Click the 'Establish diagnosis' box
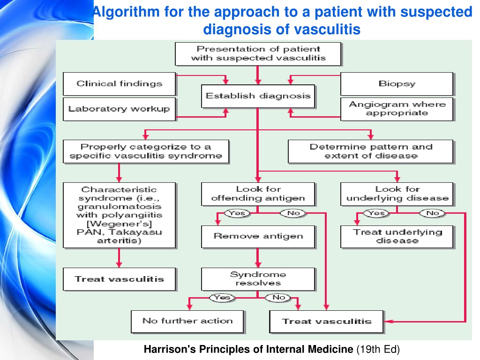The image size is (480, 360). pyautogui.click(x=258, y=96)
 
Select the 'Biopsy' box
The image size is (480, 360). pyautogui.click(x=397, y=84)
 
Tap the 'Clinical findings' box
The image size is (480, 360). pyautogui.click(x=120, y=84)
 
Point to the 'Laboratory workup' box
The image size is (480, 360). pyautogui.click(x=120, y=109)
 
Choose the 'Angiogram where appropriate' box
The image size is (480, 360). pyautogui.click(x=397, y=109)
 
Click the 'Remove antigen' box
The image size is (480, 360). pyautogui.click(x=258, y=237)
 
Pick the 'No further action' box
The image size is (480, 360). pyautogui.click(x=187, y=322)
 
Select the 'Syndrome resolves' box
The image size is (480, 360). pyautogui.click(x=258, y=279)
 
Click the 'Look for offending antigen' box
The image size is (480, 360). pyautogui.click(x=258, y=194)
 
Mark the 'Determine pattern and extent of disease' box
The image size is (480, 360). pyautogui.click(x=370, y=151)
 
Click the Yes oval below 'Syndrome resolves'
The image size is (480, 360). pyautogui.click(x=222, y=298)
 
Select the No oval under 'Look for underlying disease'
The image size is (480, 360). pyautogui.click(x=432, y=213)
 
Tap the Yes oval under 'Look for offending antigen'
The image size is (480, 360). pyautogui.click(x=237, y=213)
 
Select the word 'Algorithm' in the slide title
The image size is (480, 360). pyautogui.click(x=126, y=12)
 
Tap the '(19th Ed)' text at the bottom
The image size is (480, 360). pyautogui.click(x=378, y=349)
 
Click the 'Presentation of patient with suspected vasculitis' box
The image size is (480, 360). pyautogui.click(x=258, y=54)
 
